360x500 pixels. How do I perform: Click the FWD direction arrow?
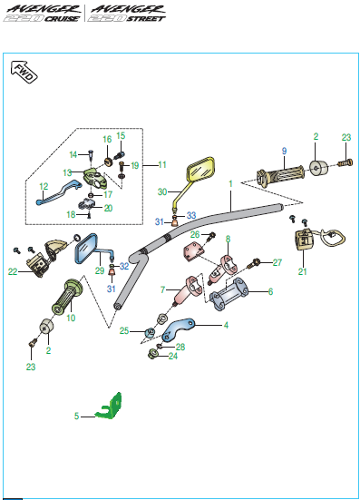24,72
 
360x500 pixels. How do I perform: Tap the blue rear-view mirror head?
86,249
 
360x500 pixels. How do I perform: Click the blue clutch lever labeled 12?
58,192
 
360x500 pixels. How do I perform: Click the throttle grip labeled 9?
280,174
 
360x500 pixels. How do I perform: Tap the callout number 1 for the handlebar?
230,184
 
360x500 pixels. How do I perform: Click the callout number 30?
162,192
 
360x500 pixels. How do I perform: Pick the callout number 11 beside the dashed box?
162,165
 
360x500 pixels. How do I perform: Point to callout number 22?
13,271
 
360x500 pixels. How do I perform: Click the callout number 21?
302,271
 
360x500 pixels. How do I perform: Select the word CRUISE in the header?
62,18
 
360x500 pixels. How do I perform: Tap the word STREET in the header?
146,18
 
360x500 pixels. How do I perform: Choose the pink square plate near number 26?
193,252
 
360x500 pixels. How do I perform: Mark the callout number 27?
277,262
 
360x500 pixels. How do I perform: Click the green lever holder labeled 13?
94,179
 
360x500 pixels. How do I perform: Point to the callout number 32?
124,266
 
